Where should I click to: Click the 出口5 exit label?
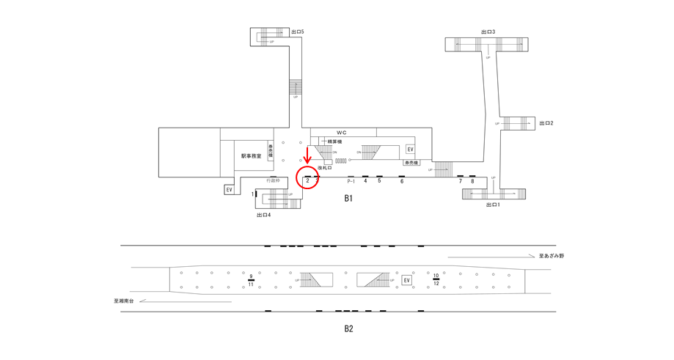[297, 32]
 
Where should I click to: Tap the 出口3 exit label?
[488, 32]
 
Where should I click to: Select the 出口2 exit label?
[546, 123]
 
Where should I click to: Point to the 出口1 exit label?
[493, 205]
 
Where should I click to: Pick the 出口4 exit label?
[264, 215]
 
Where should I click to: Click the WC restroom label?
[342, 133]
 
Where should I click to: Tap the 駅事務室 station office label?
[252, 155]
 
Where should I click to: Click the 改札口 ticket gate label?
[325, 168]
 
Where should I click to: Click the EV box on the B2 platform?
[406, 280]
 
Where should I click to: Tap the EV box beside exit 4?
[229, 190]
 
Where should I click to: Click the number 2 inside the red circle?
[307, 180]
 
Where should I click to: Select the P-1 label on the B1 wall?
[351, 181]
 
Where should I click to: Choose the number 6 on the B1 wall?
[402, 181]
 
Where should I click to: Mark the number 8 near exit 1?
[472, 181]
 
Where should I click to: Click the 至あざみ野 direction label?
[551, 256]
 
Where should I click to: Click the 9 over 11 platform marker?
[251, 279]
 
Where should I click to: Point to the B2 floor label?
[348, 328]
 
